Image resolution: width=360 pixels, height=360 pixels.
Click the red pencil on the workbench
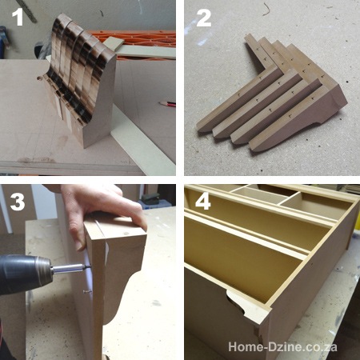pyautogui.click(x=166, y=103)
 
